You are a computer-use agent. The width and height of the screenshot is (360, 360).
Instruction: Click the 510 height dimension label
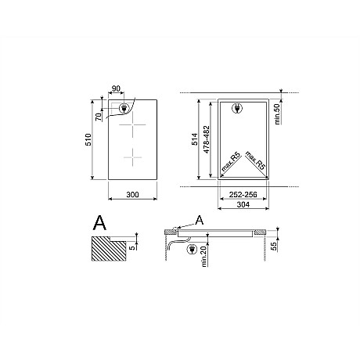[88, 139]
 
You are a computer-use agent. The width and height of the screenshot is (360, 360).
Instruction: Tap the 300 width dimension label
[132, 195]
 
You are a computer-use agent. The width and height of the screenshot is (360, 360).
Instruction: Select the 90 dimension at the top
[116, 88]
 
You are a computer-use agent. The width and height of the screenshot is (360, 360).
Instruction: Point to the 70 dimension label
[99, 117]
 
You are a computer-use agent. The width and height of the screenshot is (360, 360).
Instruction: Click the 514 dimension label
[195, 139]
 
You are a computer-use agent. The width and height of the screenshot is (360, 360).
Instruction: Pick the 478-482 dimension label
[207, 139]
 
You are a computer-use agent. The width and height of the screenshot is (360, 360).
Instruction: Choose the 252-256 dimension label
[243, 195]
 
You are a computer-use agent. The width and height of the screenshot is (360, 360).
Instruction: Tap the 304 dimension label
[243, 204]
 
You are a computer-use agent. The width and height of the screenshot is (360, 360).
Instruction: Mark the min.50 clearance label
[277, 114]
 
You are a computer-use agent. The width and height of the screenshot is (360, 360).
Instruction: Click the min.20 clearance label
[204, 257]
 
